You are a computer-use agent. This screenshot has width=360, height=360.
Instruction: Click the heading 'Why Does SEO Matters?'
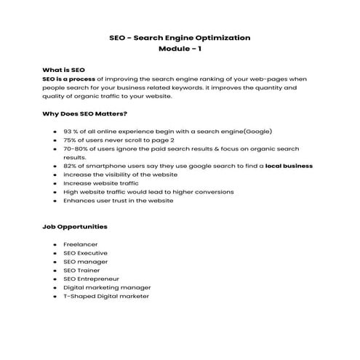(85, 113)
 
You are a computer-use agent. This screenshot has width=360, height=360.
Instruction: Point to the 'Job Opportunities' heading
(76, 226)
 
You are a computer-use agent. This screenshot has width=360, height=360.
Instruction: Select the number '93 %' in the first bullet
(71, 131)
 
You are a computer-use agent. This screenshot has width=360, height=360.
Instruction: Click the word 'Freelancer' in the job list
(81, 244)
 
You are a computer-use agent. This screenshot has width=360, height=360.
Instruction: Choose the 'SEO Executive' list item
(87, 253)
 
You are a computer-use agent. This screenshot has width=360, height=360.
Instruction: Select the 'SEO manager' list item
(86, 262)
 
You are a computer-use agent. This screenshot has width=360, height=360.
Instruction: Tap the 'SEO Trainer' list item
(82, 271)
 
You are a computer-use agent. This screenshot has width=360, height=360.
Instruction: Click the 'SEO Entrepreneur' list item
(92, 279)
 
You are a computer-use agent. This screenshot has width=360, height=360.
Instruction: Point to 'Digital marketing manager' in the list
(108, 288)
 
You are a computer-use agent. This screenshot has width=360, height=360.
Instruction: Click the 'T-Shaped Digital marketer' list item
(106, 297)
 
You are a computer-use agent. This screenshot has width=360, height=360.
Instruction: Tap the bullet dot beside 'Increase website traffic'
(55, 183)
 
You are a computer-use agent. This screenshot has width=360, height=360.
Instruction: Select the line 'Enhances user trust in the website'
(119, 201)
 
